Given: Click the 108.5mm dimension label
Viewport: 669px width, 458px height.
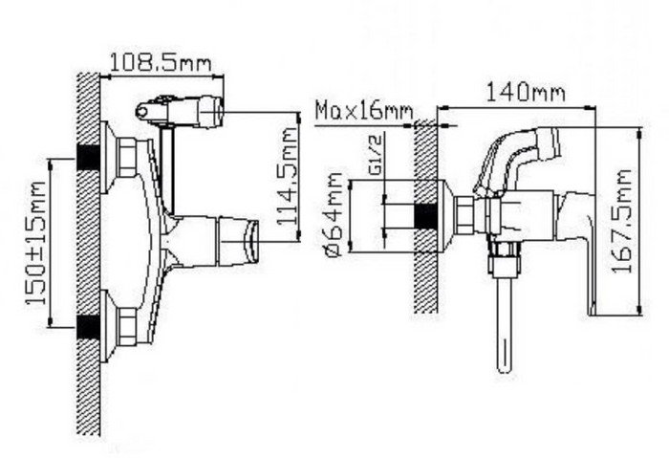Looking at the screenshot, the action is coord(161,63).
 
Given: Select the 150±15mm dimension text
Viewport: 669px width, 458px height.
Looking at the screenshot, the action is coord(36,243).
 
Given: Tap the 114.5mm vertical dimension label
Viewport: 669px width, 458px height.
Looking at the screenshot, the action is coord(287,176).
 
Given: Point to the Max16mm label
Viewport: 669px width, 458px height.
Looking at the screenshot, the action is coord(364,111).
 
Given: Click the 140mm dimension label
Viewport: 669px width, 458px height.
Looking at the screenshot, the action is coord(526,92).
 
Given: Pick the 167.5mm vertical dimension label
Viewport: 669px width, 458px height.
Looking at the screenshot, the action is coord(621,222).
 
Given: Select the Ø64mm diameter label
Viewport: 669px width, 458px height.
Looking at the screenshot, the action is coord(334,215).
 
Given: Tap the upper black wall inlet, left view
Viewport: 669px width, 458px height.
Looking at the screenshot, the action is coord(88,157).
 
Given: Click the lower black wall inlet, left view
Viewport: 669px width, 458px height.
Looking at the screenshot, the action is coord(88,327).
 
